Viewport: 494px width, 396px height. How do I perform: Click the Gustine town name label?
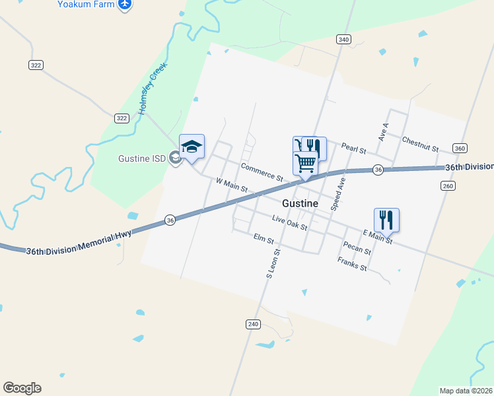(x=300, y=204)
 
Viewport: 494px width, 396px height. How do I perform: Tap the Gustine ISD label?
(x=141, y=159)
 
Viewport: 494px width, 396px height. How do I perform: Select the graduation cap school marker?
(x=192, y=147)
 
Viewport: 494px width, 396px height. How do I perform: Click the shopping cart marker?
(x=306, y=162)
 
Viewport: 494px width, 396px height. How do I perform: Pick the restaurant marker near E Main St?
(x=386, y=219)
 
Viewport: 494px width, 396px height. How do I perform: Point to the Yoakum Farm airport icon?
(x=125, y=5)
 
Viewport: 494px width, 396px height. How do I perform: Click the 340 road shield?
(x=343, y=40)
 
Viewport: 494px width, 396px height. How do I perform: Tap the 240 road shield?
(x=254, y=324)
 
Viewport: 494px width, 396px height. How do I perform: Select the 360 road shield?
(x=460, y=148)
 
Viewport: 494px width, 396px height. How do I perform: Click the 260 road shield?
(x=448, y=186)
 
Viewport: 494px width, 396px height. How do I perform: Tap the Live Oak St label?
(x=290, y=222)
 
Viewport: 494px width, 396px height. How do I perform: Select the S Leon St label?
(x=273, y=263)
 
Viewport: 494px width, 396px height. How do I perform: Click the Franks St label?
(x=352, y=264)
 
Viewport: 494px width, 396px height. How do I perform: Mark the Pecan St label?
(x=357, y=247)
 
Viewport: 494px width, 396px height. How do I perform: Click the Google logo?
(x=22, y=388)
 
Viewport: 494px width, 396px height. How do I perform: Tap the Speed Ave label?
(x=337, y=193)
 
